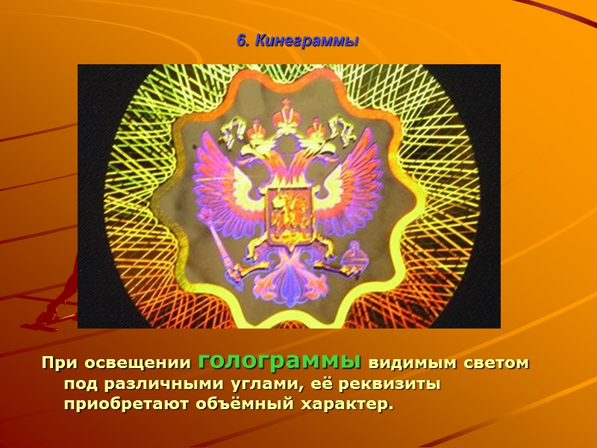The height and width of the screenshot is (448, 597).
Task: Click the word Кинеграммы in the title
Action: click(307, 42)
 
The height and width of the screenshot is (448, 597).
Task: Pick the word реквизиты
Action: click(380, 385)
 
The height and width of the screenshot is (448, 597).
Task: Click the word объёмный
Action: click(237, 405)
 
